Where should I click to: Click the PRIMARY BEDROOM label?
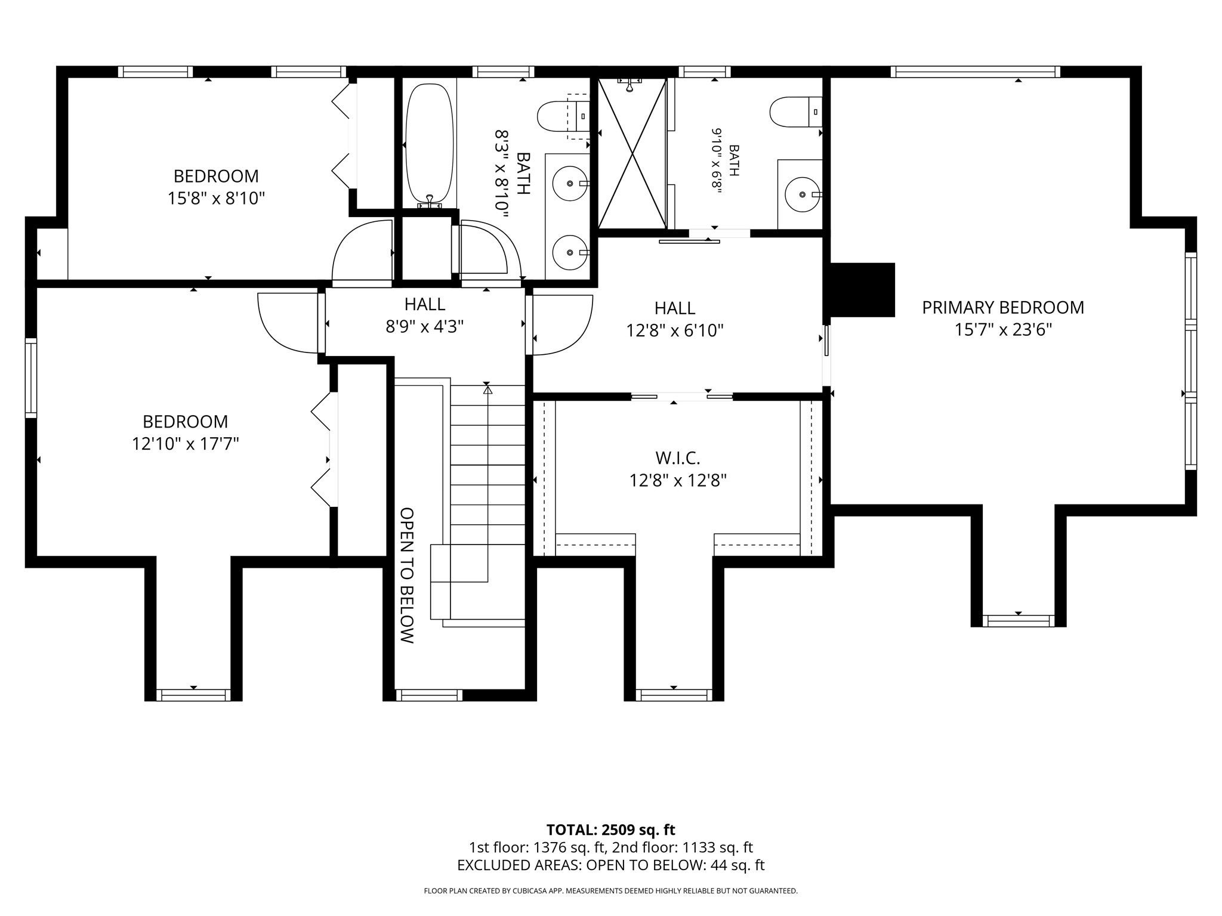[1003, 307]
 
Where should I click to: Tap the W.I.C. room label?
[678, 458]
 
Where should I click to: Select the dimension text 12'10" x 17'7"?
[186, 444]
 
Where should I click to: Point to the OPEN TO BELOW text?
[406, 575]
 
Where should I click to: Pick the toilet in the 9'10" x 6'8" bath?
[796, 112]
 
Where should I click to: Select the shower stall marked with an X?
[632, 153]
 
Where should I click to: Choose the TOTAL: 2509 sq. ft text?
[611, 830]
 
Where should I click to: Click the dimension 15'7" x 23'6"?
[1003, 330]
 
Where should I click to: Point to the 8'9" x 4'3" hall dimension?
[425, 327]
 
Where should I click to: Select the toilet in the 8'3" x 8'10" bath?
[563, 117]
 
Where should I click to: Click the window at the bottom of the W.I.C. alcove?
[674, 695]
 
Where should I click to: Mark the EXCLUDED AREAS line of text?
[611, 865]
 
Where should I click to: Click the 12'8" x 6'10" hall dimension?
[675, 330]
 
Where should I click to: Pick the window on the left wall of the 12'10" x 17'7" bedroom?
[30, 377]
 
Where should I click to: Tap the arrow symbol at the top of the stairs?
[488, 390]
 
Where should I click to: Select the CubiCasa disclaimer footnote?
[611, 891]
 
